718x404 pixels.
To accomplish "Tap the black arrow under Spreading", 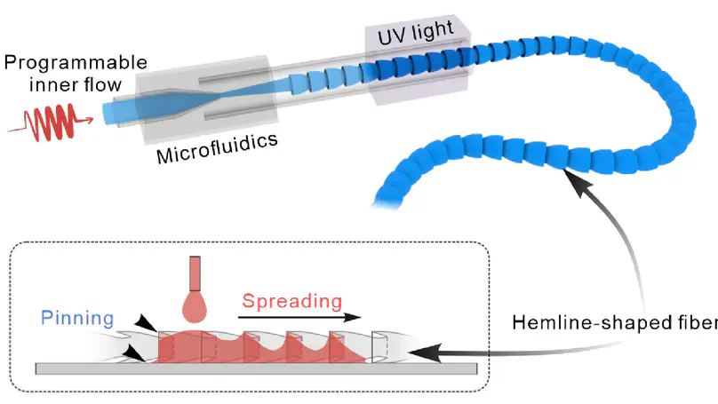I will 302,318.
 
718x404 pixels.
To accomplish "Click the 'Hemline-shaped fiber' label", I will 613,323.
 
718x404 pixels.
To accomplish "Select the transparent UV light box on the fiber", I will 418,62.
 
